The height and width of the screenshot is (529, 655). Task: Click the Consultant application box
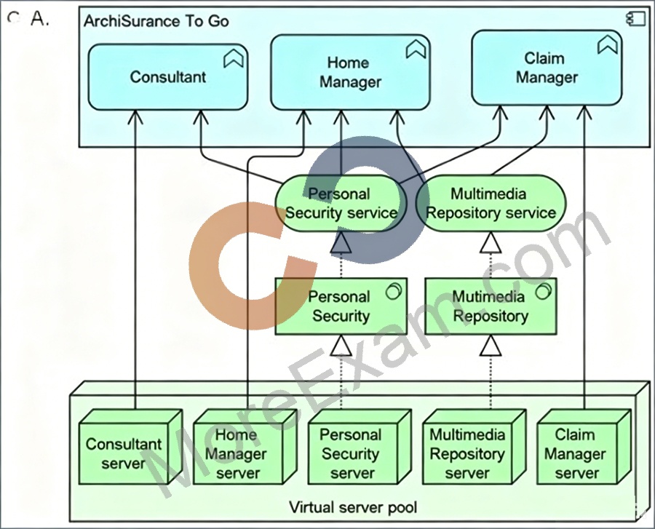click(168, 77)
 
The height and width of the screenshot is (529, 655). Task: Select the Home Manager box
click(350, 72)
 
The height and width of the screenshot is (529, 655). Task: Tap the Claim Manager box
click(547, 68)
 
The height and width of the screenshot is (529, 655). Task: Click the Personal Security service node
click(341, 203)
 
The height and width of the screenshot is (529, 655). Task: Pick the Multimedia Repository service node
click(491, 203)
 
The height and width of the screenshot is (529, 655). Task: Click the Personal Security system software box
click(341, 306)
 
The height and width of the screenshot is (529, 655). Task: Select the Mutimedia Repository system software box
click(491, 306)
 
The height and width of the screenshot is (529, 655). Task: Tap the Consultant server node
click(131, 447)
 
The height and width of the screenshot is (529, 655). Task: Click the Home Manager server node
click(245, 447)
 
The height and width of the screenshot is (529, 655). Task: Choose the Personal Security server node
click(360, 447)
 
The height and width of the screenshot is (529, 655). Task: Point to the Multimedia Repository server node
click(474, 447)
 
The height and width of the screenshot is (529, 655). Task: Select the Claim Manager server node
click(584, 447)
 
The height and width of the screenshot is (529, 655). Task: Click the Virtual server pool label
click(353, 508)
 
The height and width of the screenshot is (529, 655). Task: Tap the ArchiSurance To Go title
click(156, 21)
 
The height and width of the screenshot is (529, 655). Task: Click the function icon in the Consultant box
click(233, 58)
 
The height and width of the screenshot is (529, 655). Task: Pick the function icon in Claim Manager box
click(608, 44)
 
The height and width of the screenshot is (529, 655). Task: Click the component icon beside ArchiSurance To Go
click(635, 20)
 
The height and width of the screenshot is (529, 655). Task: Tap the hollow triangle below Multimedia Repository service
click(491, 242)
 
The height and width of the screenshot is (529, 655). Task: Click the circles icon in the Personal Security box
click(394, 291)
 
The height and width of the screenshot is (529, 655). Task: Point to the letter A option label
click(40, 19)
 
